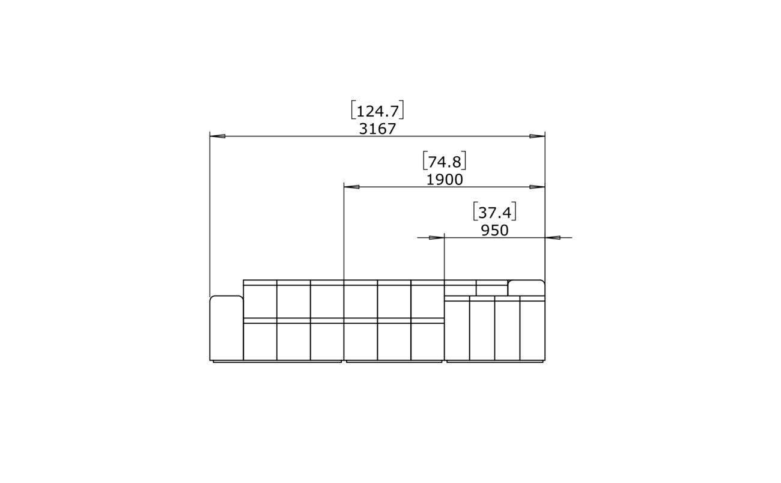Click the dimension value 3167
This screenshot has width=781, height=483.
tap(378, 129)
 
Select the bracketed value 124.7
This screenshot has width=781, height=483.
tap(378, 111)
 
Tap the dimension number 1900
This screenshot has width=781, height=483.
tap(445, 180)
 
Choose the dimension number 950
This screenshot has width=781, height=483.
tap(495, 231)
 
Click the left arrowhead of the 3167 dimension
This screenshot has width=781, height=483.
tap(217, 136)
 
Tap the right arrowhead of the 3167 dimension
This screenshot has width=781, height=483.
tap(537, 136)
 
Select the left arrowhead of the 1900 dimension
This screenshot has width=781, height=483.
tap(351, 187)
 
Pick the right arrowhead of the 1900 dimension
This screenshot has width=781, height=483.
tap(537, 187)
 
